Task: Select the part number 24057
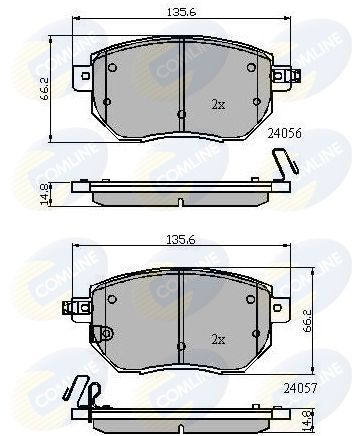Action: point(298,385)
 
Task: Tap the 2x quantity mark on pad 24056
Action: point(218,104)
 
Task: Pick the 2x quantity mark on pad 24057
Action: point(218,338)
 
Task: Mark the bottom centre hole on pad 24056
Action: point(180,115)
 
